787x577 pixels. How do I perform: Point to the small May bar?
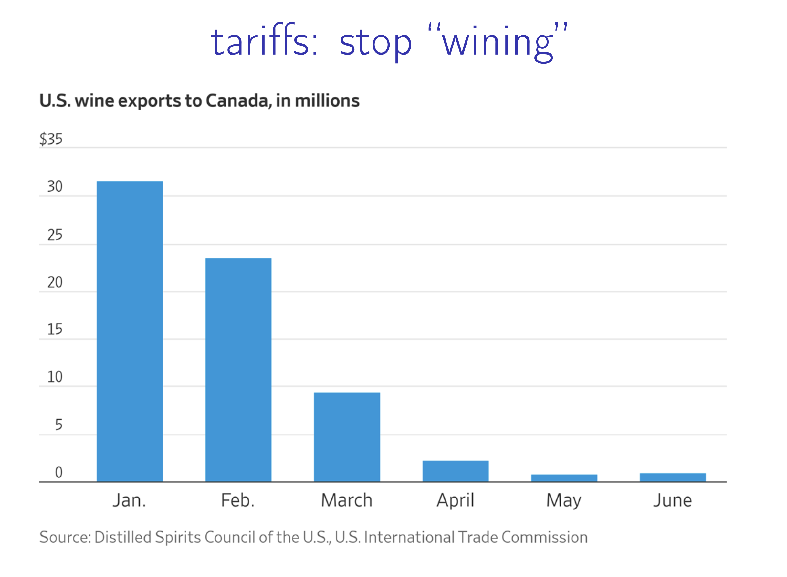pos(564,478)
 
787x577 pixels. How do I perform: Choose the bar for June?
pos(673,477)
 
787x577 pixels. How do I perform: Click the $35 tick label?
pos(51,139)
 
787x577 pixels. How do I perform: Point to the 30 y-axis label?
pos(55,186)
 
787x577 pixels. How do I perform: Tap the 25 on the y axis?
pos(55,235)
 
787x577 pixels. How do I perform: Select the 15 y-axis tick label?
pos(55,329)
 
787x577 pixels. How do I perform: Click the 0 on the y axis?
pos(59,472)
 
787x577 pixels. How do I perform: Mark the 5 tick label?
pos(59,425)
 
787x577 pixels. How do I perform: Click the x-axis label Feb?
pos(237,500)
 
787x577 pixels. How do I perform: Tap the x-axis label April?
pos(456,500)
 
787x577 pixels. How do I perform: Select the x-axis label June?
pos(673,500)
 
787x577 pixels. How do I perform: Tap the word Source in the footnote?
pos(65,537)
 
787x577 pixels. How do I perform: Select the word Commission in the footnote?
pos(545,537)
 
